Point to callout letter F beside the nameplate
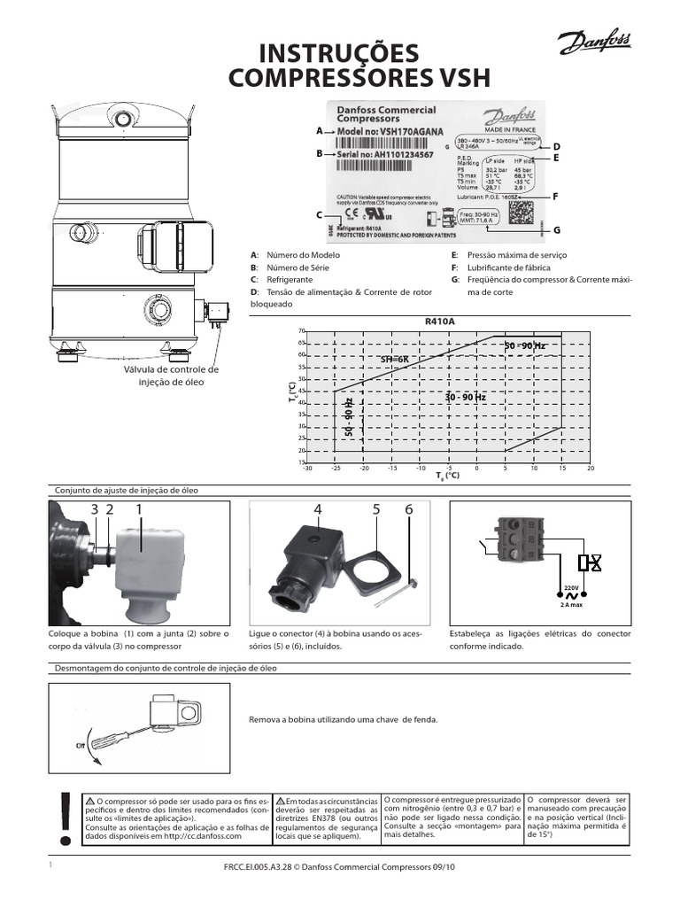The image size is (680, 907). (556, 196)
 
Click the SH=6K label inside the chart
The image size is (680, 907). (396, 359)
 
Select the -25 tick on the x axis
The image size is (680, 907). (336, 469)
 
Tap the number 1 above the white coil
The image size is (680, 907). (139, 508)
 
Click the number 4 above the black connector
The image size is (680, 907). (318, 509)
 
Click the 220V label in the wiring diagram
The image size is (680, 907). (571, 587)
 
